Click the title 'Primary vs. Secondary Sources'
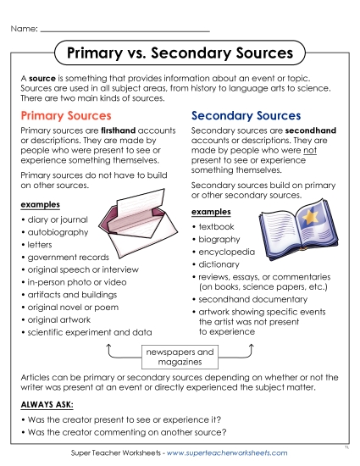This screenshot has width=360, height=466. tap(180, 53)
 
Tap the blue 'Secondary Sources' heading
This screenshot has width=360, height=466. tap(246, 115)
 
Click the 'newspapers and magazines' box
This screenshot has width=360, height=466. tap(180, 355)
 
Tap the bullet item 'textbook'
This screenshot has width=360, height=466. tap(218, 227)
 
